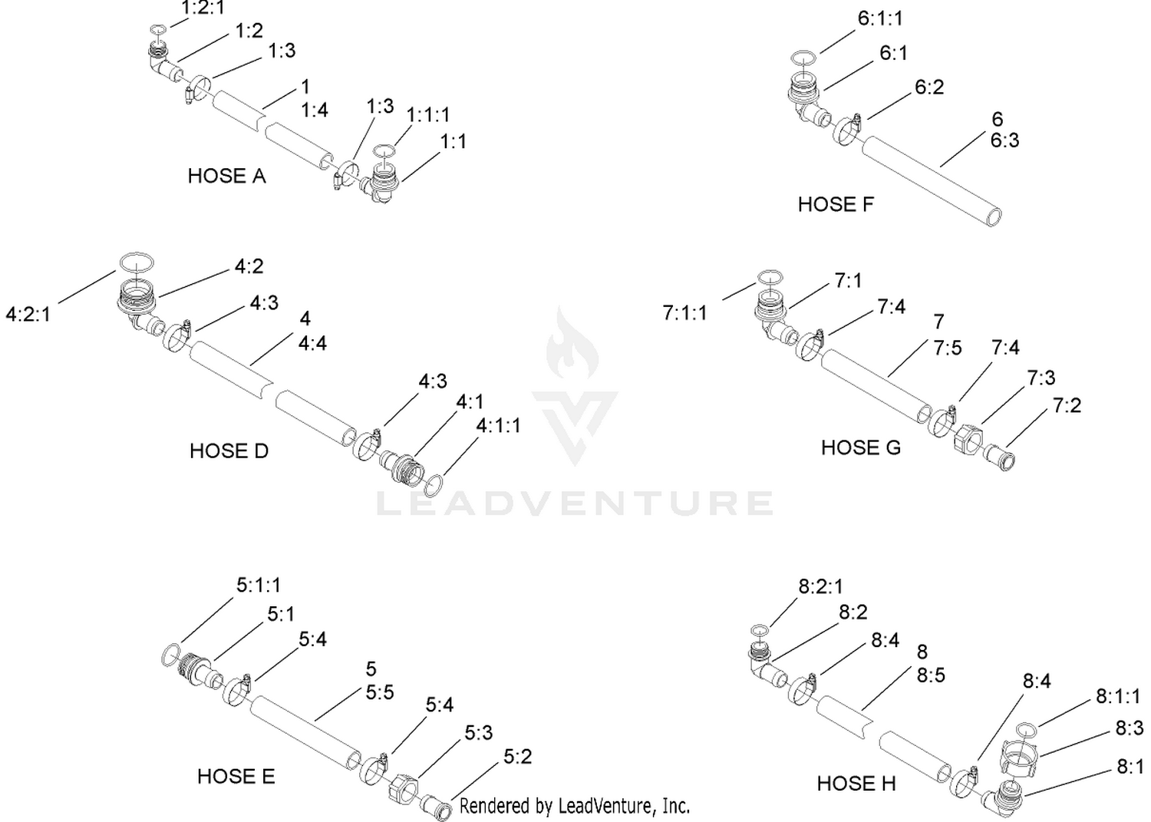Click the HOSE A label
(x=226, y=176)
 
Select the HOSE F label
(x=836, y=204)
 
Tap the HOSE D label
(x=229, y=451)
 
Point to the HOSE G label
(x=861, y=447)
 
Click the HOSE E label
(x=236, y=776)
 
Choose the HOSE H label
(x=856, y=784)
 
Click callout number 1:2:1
(x=203, y=8)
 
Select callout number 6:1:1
(x=880, y=18)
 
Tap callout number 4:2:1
(x=28, y=314)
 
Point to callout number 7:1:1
(x=685, y=312)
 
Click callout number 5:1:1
(x=259, y=585)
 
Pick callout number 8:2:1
(x=820, y=586)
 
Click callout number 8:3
(x=1130, y=728)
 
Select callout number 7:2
(x=1067, y=405)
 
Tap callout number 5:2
(x=517, y=757)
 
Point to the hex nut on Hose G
(x=968, y=438)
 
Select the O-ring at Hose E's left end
(x=170, y=655)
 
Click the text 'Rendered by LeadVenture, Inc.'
(x=575, y=806)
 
